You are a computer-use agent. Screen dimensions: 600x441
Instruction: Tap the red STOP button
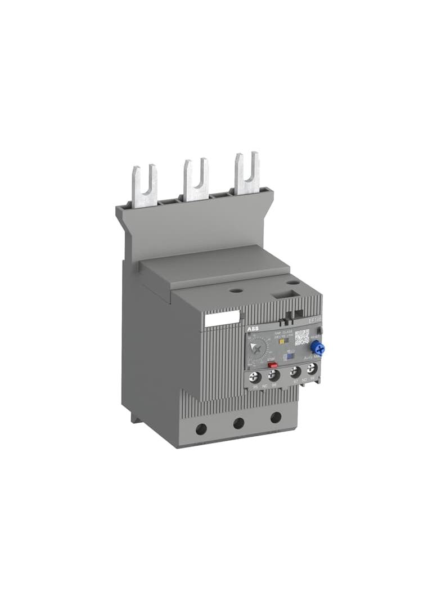(273, 365)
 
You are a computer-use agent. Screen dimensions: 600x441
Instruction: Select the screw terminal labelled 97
(294, 373)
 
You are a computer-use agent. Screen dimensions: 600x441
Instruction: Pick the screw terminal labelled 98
(312, 370)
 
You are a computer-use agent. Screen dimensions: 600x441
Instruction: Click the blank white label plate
(222, 319)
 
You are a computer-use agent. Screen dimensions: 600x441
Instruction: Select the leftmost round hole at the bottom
(201, 429)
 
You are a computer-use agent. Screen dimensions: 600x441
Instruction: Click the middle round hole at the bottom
(239, 423)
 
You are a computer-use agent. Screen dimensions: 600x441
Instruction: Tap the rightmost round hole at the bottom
(276, 418)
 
